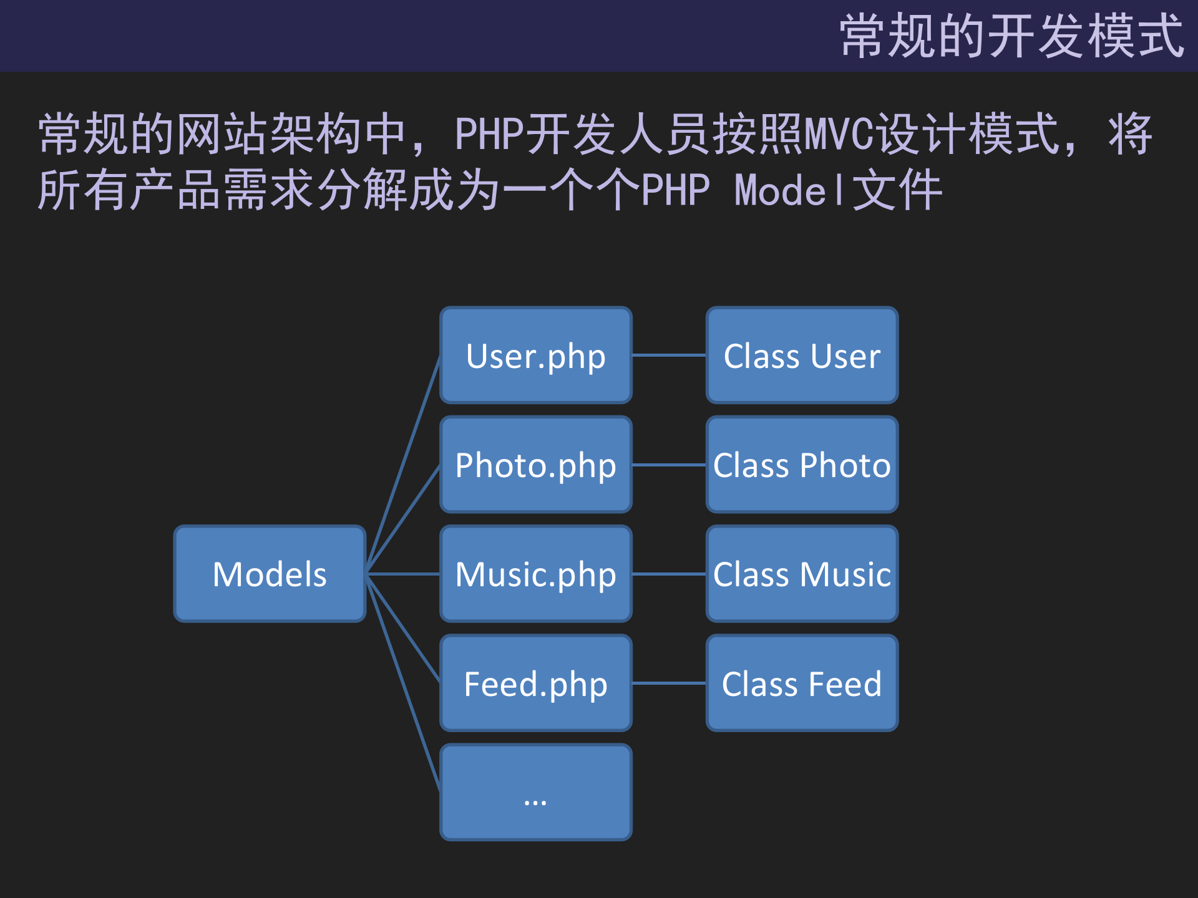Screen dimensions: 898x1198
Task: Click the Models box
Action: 270,574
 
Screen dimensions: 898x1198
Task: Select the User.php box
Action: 535,355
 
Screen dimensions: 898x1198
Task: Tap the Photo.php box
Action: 535,465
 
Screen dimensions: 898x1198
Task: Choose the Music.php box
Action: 535,574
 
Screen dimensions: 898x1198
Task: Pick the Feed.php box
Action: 535,683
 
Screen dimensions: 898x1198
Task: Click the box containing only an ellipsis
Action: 535,792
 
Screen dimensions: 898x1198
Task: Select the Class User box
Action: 802,355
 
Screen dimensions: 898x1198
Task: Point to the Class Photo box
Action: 802,465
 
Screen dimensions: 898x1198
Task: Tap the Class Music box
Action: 802,574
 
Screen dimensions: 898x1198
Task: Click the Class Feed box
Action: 802,683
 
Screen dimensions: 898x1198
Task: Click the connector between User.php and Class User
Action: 669,355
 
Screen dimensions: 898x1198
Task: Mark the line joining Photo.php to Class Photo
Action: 669,465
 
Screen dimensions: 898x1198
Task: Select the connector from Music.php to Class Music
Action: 669,574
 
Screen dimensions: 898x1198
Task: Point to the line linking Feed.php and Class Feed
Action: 669,683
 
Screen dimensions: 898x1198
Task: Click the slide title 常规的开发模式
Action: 1011,36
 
